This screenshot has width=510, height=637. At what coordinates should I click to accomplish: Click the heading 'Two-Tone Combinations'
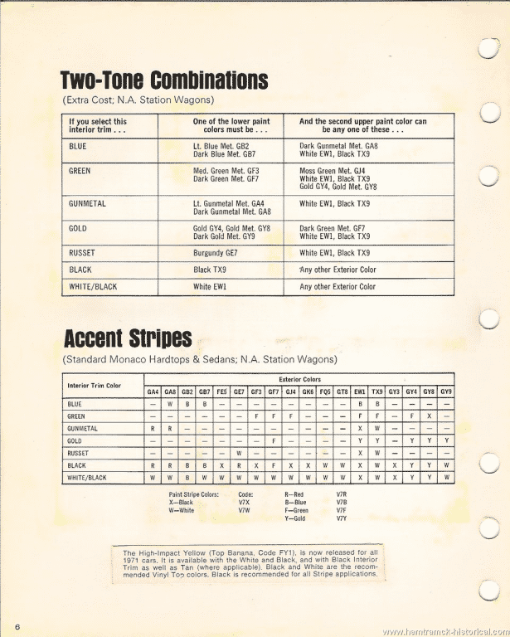coord(164,80)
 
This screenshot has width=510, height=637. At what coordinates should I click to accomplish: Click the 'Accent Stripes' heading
coord(128,339)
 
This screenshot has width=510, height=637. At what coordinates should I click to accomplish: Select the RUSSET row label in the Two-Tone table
coord(82,253)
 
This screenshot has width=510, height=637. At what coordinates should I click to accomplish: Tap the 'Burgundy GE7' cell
coord(216,253)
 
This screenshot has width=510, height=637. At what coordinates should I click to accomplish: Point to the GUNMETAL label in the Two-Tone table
coord(86,203)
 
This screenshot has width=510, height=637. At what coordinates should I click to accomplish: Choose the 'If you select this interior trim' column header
coord(98,125)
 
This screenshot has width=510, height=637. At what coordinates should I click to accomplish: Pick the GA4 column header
coord(153,391)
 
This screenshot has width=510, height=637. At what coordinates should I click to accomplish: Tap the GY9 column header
coord(446,391)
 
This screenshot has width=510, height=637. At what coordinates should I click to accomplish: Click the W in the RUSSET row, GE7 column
coord(238,454)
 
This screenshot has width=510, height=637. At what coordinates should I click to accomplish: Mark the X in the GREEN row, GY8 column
coord(429,416)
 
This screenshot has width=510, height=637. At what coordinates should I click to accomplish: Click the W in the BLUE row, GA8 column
coord(169,404)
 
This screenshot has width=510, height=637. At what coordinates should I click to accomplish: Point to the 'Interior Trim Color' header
coord(95,386)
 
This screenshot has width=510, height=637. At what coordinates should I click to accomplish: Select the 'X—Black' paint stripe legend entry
coord(181,503)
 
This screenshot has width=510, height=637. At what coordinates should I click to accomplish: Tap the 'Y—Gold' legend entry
coord(295,518)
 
